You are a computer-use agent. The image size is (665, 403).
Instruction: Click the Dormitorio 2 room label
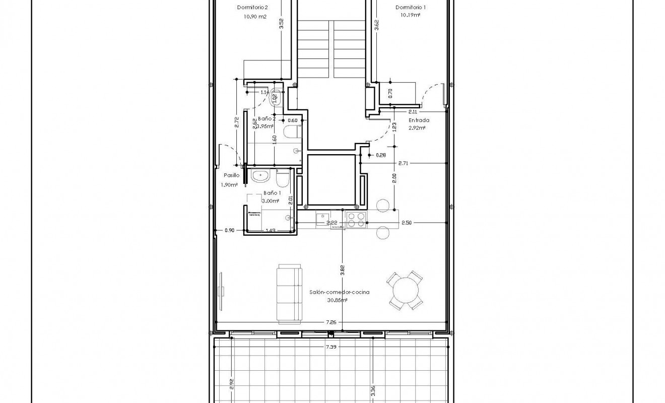click(x=252, y=8)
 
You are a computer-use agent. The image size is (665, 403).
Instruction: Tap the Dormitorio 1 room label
click(x=411, y=8)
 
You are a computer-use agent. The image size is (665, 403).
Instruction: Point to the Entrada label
click(x=419, y=120)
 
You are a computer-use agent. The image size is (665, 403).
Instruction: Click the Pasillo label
click(x=232, y=175)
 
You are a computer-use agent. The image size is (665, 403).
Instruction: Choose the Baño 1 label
click(x=272, y=193)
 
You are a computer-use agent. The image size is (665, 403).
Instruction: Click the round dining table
click(x=405, y=290)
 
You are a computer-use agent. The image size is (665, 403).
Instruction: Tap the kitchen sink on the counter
click(x=322, y=218)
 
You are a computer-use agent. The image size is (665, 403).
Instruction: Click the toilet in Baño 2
click(x=291, y=132)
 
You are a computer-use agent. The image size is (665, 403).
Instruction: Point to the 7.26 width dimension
click(x=331, y=321)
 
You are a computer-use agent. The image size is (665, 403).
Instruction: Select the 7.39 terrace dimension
click(x=331, y=347)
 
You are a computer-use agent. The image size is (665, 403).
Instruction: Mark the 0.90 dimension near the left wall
click(x=229, y=230)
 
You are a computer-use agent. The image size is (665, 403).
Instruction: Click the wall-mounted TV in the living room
click(x=221, y=291)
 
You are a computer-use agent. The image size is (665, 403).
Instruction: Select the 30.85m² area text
click(x=338, y=300)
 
